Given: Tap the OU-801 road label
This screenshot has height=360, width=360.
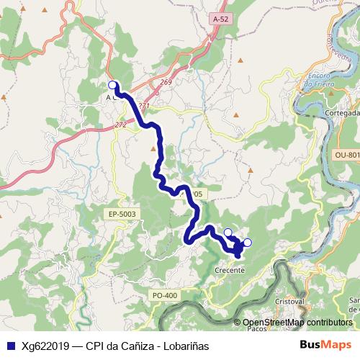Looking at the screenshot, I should [346, 155].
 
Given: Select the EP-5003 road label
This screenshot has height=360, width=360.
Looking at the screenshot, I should [122, 214].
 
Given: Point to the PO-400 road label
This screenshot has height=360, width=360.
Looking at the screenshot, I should [165, 295].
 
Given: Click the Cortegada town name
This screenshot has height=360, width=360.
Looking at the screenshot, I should [342, 113].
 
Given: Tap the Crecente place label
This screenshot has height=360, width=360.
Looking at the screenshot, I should [230, 270].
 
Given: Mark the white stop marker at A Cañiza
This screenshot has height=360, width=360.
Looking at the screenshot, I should [112, 84].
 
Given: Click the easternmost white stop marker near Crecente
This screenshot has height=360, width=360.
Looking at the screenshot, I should [248, 243].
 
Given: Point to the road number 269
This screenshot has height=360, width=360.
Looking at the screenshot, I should [166, 83].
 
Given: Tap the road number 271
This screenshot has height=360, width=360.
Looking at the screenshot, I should [143, 106].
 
